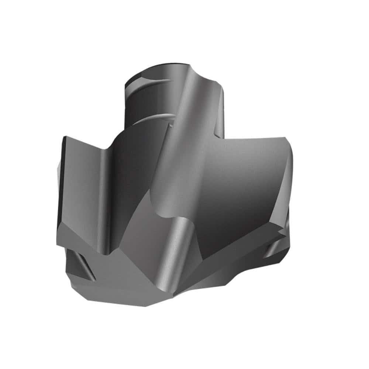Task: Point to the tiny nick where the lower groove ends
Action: click(171, 126)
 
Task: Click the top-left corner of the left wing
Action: click(66, 137)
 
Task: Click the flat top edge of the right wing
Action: click(255, 138)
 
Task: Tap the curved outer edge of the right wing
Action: click(292, 173)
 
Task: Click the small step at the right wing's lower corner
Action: click(282, 231)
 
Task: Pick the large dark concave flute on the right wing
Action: click(240, 192)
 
